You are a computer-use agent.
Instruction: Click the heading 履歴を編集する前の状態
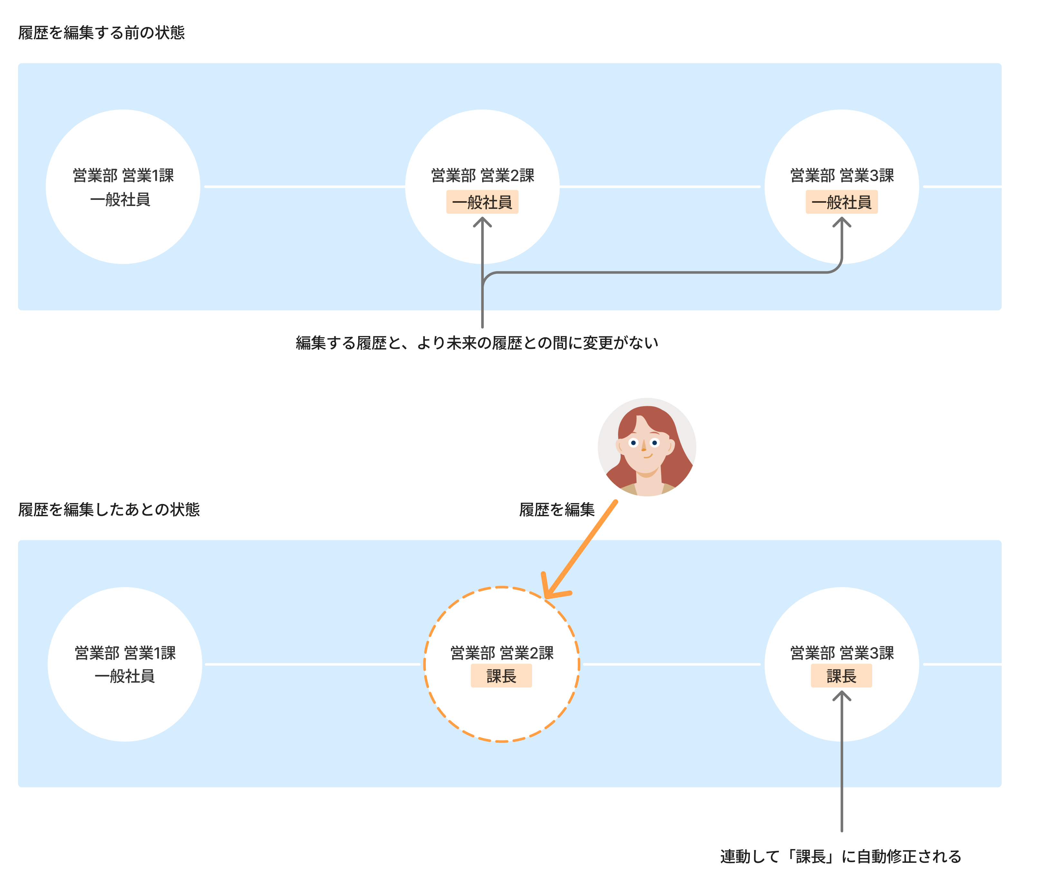coord(101,33)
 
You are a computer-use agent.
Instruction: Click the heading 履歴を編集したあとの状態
coord(109,509)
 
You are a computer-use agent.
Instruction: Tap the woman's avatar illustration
coord(646,447)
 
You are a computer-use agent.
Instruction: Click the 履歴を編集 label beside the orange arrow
coord(557,509)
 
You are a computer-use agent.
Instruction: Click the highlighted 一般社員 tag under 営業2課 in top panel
coord(482,202)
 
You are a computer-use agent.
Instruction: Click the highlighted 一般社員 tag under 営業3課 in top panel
coord(841,202)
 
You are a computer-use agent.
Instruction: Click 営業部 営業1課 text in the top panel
coord(123,175)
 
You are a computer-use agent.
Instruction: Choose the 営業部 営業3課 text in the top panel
coord(842,175)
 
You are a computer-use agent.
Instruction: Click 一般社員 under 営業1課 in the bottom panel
coord(125,676)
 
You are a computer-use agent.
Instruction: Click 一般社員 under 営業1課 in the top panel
coord(120,200)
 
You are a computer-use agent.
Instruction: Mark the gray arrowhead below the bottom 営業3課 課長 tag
coord(841,696)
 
